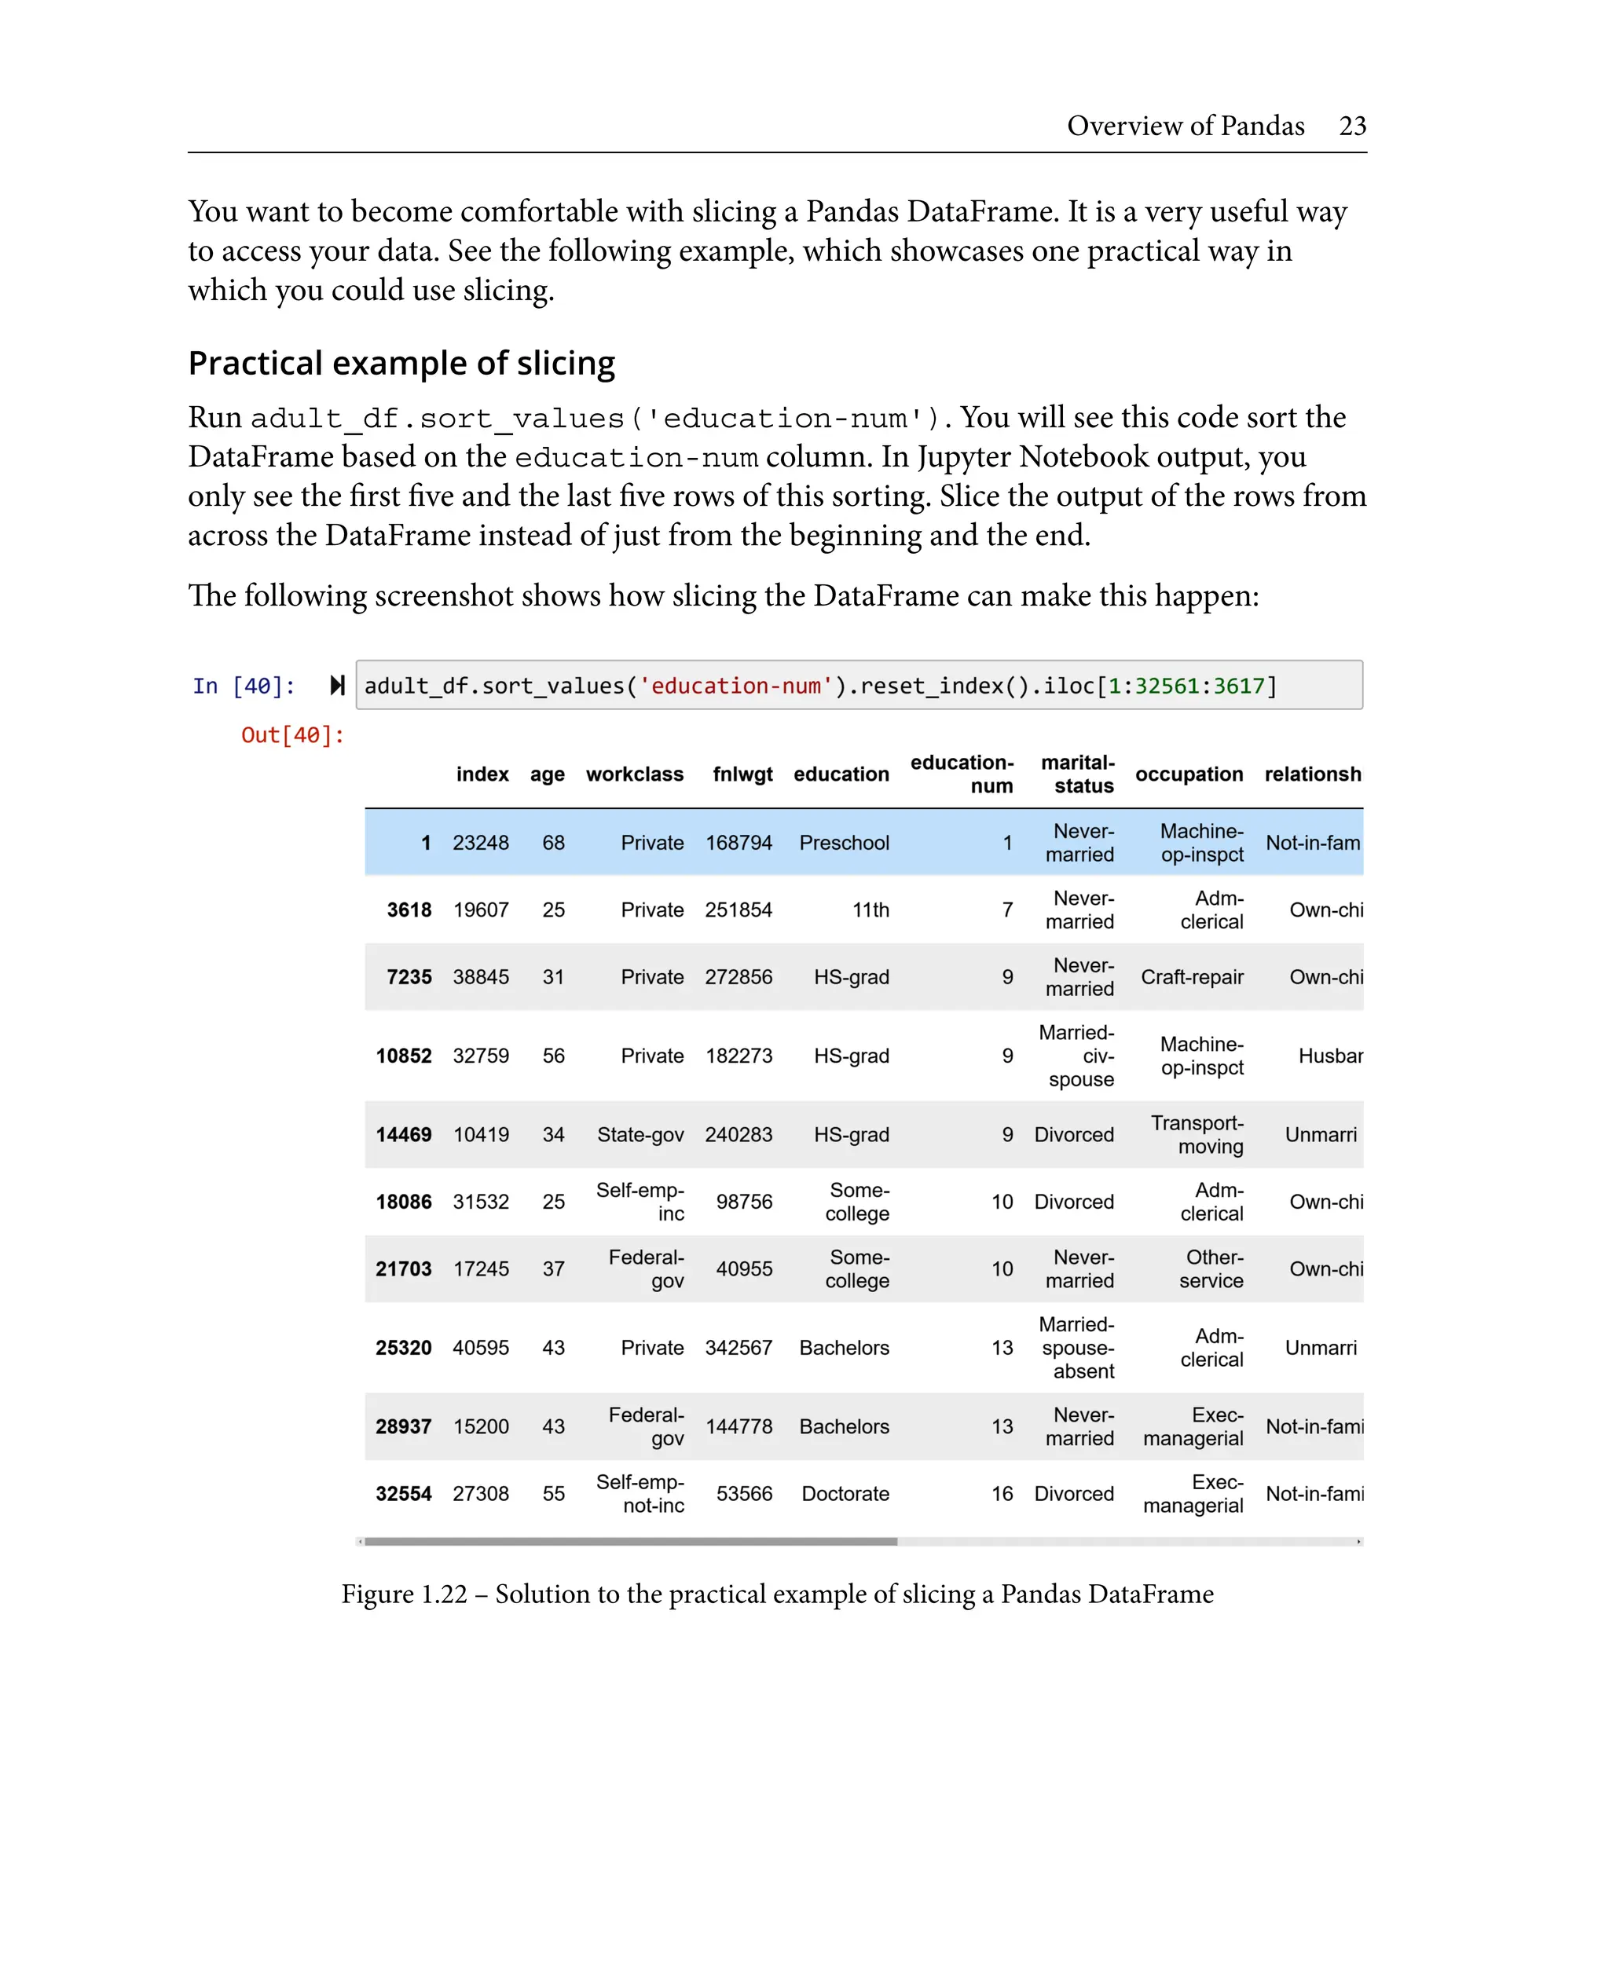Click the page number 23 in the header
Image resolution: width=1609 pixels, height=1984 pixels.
tap(1351, 126)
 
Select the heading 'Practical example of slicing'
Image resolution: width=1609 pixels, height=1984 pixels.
tap(401, 363)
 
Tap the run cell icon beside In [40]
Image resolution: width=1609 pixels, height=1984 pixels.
tap(337, 686)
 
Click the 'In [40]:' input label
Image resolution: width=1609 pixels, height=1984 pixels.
tap(244, 686)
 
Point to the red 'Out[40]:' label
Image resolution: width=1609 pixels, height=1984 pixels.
tap(292, 736)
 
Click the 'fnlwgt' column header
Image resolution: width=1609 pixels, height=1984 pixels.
tap(742, 774)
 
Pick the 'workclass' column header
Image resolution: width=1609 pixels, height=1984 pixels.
tap(634, 774)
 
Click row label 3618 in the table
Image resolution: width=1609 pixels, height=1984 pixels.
tap(409, 910)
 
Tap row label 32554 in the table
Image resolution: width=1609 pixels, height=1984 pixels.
tap(403, 1494)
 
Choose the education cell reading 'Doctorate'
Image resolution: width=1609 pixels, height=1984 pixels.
tap(845, 1494)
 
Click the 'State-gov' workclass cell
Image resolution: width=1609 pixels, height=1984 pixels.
tap(640, 1135)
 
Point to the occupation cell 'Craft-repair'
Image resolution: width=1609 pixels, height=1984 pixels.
tap(1191, 978)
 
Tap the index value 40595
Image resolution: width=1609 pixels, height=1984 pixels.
tap(480, 1349)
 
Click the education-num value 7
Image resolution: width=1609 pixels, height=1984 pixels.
tap(1006, 910)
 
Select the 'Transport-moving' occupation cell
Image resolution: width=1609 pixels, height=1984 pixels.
tap(1197, 1135)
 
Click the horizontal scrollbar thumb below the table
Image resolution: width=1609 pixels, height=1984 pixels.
tap(630, 1542)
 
